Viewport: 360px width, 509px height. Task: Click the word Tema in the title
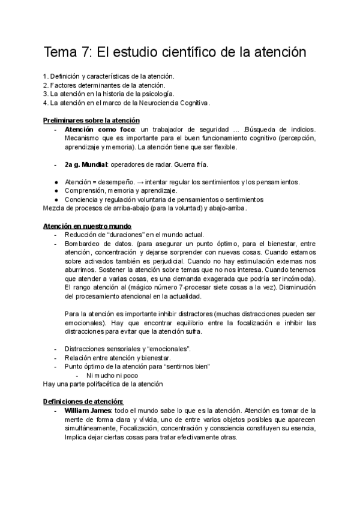pyautogui.click(x=63, y=52)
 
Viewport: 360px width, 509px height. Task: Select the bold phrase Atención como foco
pyautogui.click(x=98, y=130)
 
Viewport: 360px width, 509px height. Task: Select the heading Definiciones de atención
pyautogui.click(x=83, y=402)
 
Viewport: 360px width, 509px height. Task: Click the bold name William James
pyautogui.click(x=88, y=411)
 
